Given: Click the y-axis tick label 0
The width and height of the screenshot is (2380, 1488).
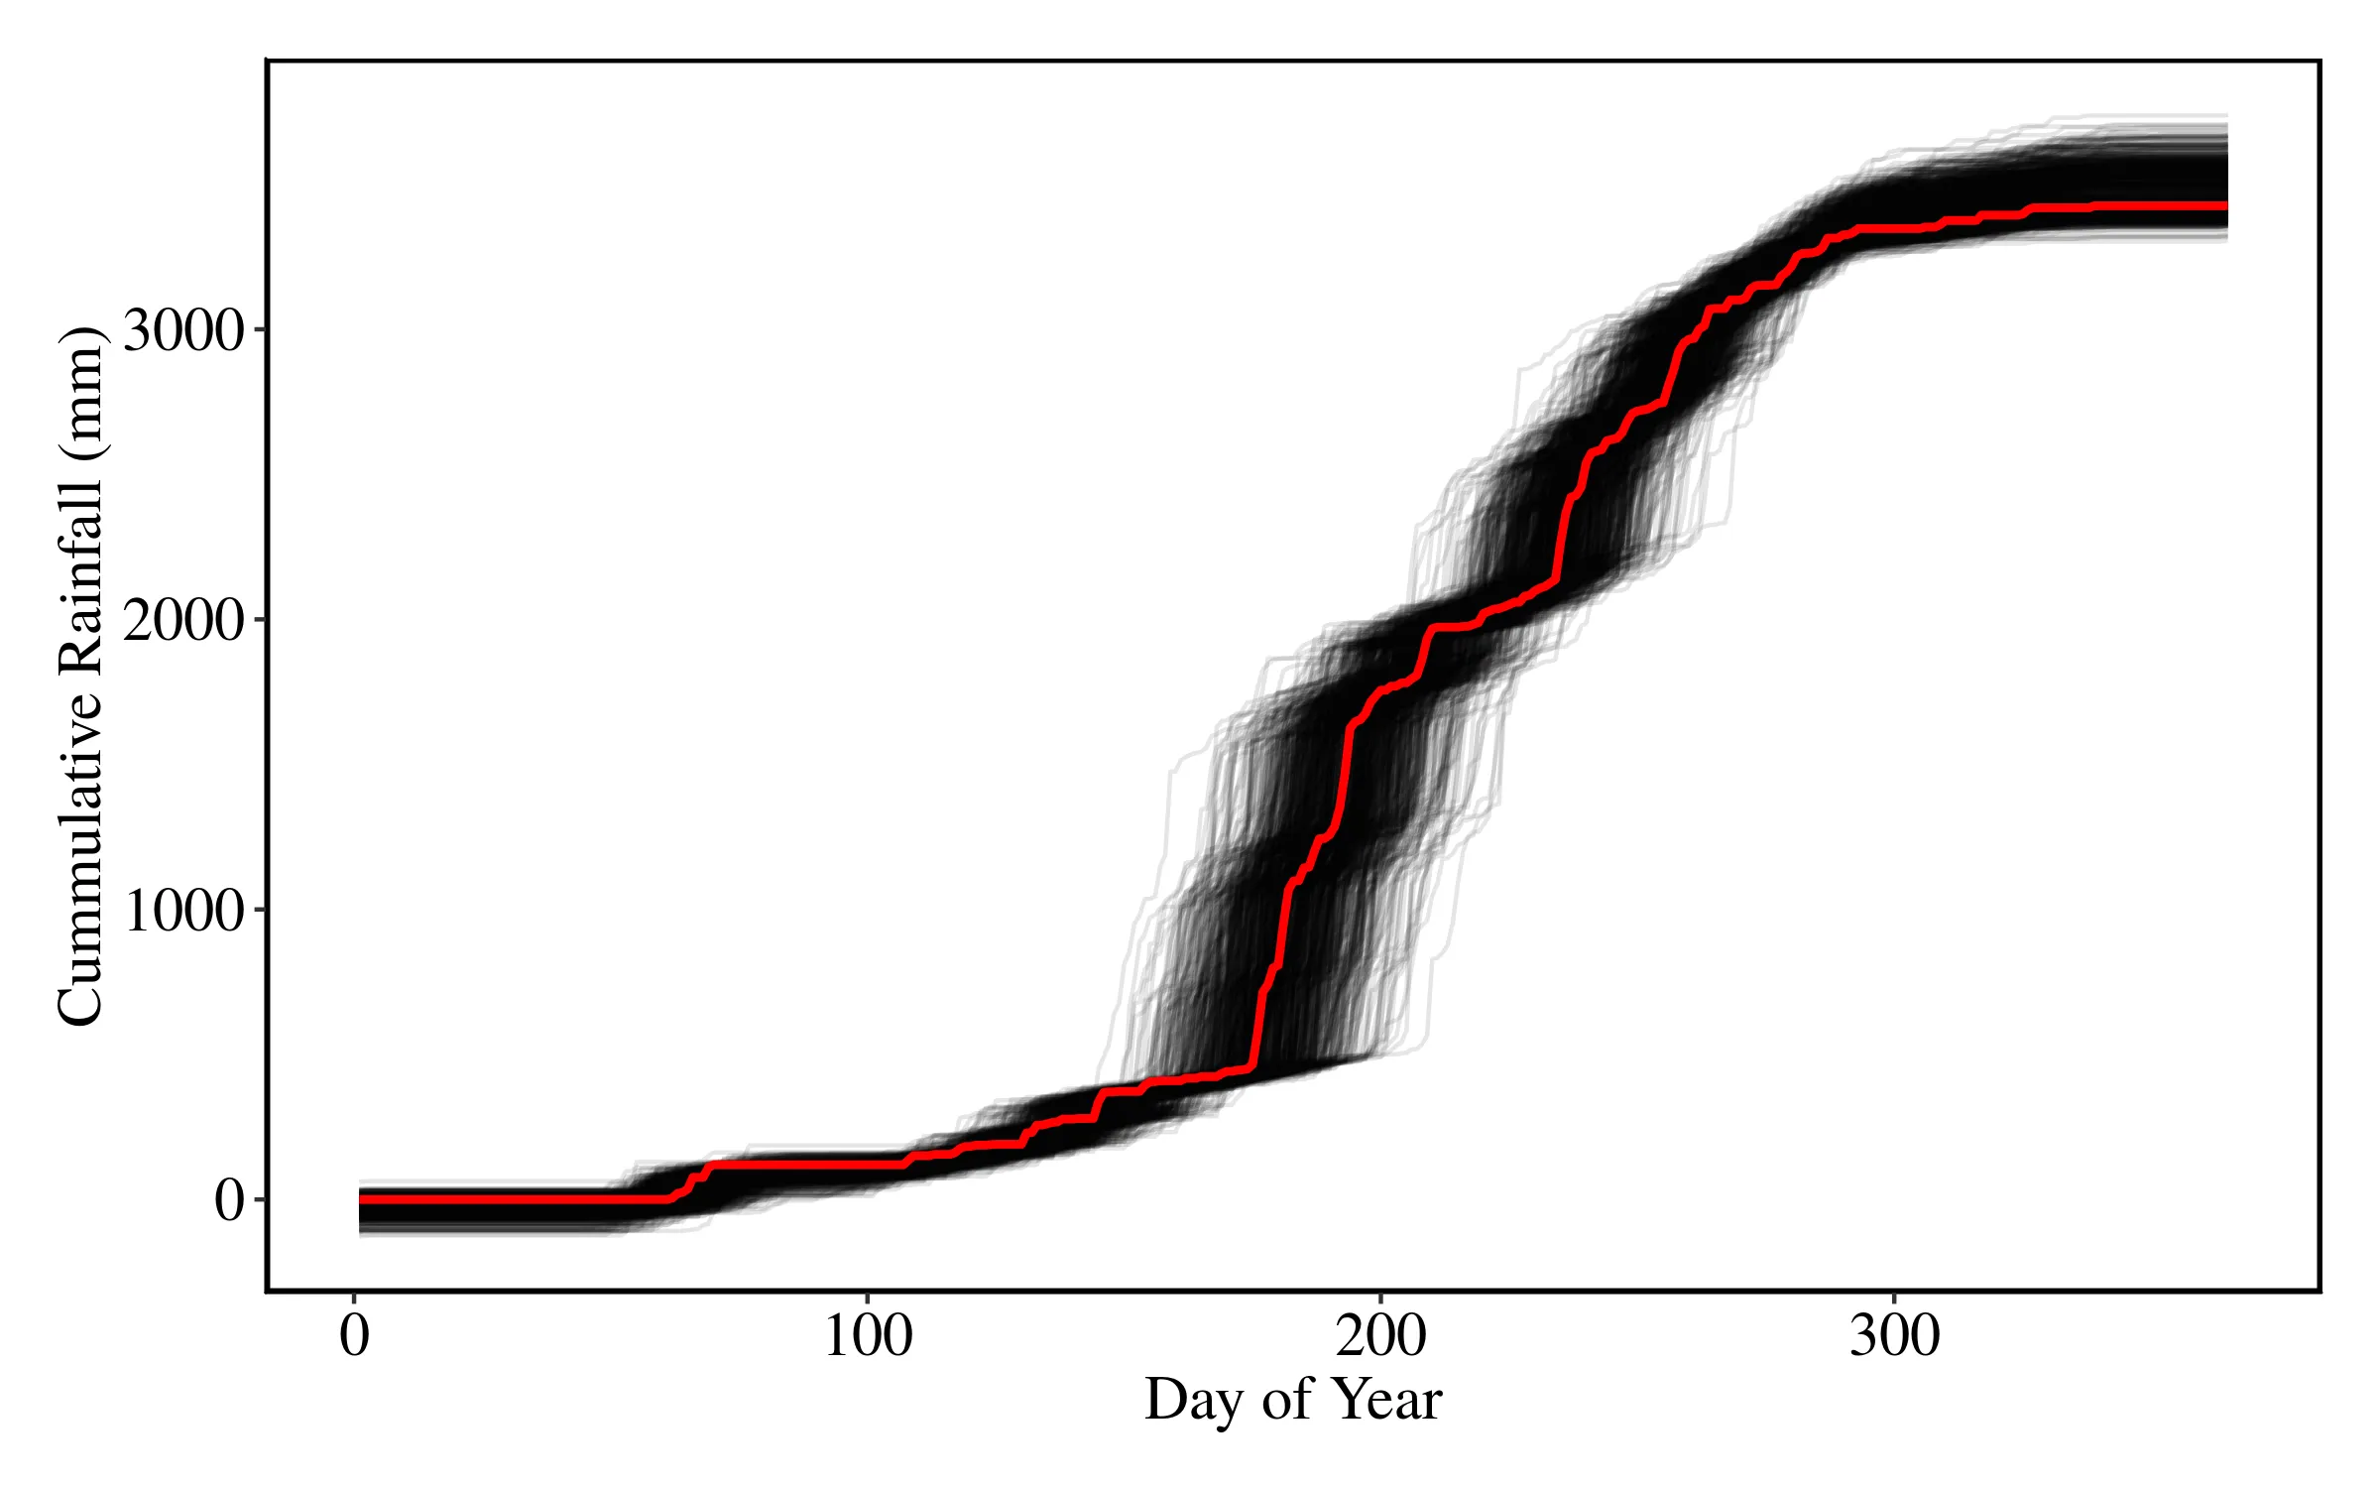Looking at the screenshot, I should [x=229, y=1200].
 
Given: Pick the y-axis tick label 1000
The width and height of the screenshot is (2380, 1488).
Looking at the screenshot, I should [x=183, y=910].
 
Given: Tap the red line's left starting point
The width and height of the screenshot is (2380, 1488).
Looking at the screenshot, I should [x=360, y=1199].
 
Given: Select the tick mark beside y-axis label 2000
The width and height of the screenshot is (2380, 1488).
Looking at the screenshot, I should [x=260, y=620].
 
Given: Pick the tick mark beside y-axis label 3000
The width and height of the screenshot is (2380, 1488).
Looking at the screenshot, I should [x=260, y=329].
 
